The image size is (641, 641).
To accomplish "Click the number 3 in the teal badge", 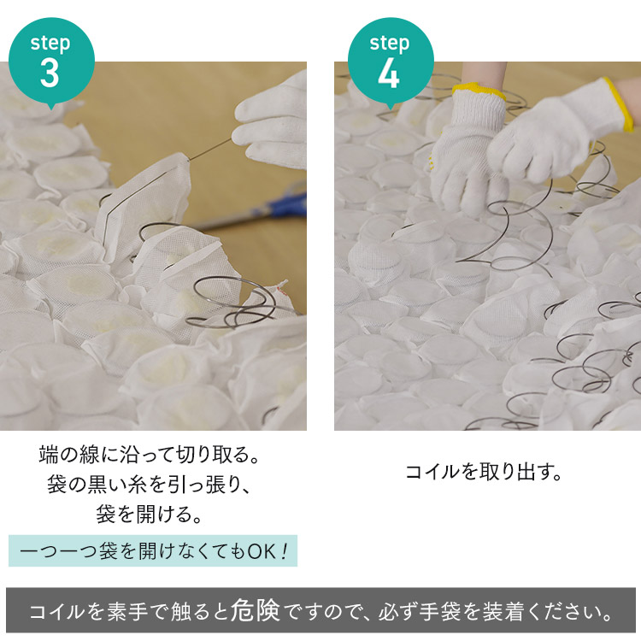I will [x=50, y=74].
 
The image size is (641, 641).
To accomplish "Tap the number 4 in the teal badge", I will [x=389, y=74].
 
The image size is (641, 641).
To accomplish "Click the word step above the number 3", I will [x=50, y=44].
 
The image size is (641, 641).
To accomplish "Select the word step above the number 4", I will [x=390, y=44].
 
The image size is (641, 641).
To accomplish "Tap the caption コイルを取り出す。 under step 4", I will [x=484, y=473].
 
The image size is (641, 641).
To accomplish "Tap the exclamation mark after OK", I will [x=283, y=551].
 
